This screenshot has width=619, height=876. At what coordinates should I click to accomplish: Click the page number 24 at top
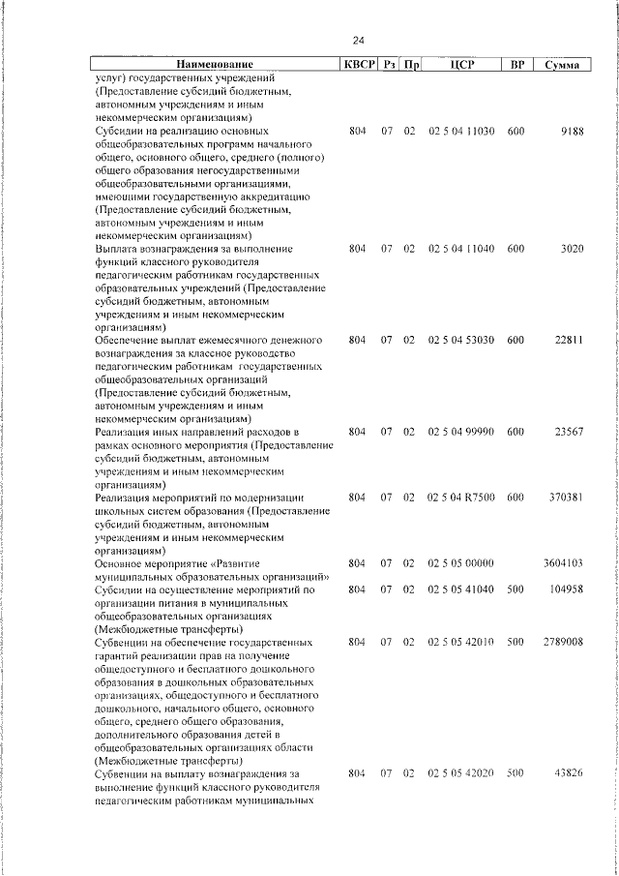pyautogui.click(x=358, y=41)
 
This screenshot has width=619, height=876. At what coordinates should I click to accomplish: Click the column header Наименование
pyautogui.click(x=214, y=65)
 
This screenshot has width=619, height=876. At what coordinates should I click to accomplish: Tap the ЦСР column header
pyautogui.click(x=460, y=65)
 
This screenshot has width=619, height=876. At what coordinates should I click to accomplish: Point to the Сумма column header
pyautogui.click(x=562, y=65)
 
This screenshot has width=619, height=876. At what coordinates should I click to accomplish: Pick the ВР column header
pyautogui.click(x=516, y=65)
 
